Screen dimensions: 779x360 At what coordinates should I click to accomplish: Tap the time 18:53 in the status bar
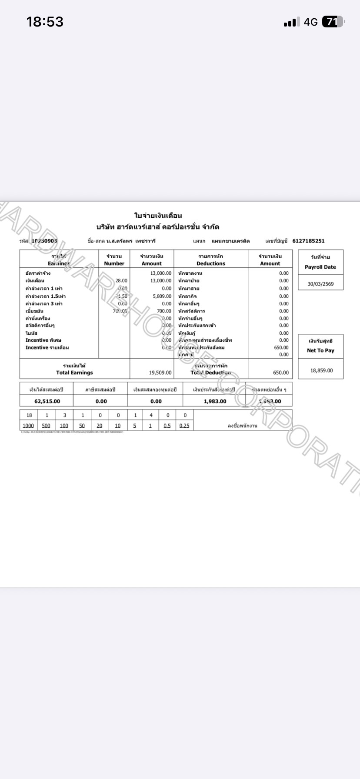coord(45,22)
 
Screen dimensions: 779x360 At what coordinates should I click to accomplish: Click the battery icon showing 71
coord(333,22)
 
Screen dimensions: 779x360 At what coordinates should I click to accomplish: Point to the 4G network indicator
coord(311,22)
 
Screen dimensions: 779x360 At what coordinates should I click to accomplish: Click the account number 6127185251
coord(308,241)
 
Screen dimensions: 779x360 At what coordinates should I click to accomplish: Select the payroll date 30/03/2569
coord(320,284)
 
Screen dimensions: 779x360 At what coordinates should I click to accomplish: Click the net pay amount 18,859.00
coord(321,370)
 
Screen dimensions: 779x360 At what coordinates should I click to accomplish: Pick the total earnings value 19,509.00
coord(160,373)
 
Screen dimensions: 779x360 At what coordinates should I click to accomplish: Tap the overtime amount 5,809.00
coord(162,296)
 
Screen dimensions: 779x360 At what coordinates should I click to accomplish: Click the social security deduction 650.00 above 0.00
coord(281,347)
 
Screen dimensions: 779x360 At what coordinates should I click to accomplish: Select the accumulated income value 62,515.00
coord(47,401)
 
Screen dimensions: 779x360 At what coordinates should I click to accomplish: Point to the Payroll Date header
coord(320,267)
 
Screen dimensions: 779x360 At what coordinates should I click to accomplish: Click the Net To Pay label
coord(320,350)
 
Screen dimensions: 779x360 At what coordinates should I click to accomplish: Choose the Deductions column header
coord(211,263)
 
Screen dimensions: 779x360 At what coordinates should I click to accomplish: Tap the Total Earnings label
coord(74,373)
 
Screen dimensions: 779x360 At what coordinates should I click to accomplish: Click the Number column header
coord(114,263)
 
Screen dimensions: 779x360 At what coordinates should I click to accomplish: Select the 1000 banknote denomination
coord(28,426)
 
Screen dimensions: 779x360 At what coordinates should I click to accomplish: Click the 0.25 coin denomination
coord(184,426)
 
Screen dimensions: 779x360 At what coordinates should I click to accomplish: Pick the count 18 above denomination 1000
coord(29,415)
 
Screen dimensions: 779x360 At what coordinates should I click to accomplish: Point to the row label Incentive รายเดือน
coord(47,347)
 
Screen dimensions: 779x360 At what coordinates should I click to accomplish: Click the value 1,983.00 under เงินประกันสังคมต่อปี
coord(215,401)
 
